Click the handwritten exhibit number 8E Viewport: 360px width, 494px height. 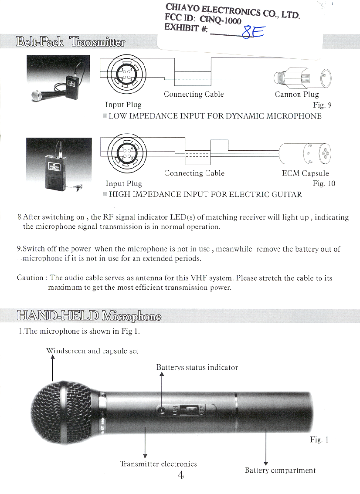click(x=252, y=32)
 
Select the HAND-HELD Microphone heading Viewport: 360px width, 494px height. click(x=89, y=316)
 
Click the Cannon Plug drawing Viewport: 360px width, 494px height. click(x=302, y=79)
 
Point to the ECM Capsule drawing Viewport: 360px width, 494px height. click(x=306, y=153)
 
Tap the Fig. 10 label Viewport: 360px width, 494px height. click(x=324, y=183)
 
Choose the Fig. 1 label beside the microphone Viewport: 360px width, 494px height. click(x=319, y=440)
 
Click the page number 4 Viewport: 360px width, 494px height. click(x=180, y=475)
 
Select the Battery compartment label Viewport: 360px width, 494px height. click(x=280, y=470)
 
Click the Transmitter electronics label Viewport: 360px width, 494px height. click(x=158, y=464)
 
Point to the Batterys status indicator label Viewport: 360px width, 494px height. click(x=197, y=367)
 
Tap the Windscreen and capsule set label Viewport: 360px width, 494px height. click(x=92, y=351)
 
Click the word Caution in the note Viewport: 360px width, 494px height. click(x=30, y=277)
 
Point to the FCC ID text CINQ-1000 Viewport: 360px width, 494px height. click(x=220, y=20)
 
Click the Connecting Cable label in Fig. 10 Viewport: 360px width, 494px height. click(x=194, y=173)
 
